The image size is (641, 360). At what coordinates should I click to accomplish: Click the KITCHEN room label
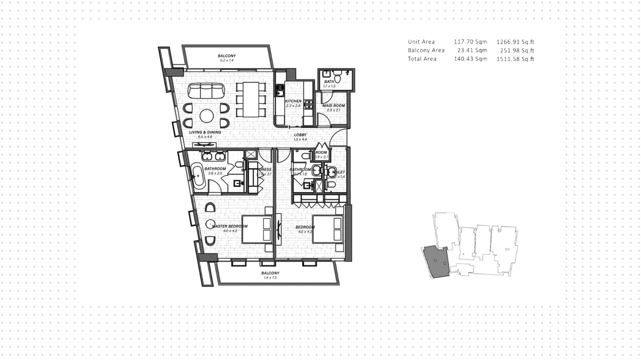[293, 101]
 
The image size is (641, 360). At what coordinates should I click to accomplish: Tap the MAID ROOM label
[333, 106]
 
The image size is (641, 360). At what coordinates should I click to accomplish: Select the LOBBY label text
[300, 135]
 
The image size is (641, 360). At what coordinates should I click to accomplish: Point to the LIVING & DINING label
[205, 132]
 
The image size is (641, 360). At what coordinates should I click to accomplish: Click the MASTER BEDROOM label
[230, 226]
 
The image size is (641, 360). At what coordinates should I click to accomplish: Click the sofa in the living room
[206, 91]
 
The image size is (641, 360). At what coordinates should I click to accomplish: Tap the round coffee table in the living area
[207, 116]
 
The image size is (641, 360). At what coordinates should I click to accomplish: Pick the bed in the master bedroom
[256, 229]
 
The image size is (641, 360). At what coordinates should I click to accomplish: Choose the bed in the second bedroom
[328, 229]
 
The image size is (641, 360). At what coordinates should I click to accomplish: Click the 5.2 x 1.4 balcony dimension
[227, 60]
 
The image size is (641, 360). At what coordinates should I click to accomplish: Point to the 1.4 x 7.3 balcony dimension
[270, 278]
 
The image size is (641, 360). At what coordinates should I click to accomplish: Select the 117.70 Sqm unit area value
[470, 42]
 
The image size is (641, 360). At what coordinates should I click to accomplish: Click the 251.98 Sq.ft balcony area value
[515, 50]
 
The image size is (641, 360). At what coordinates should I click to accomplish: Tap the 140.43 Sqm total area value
[470, 59]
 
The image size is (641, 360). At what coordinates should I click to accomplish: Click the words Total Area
[422, 59]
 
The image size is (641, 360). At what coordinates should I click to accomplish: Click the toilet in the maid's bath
[338, 78]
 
